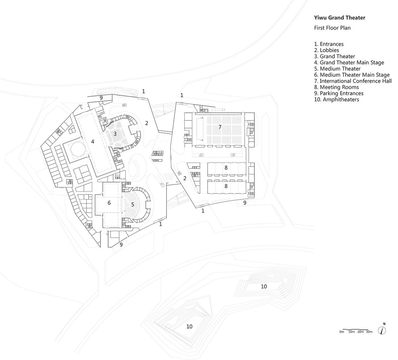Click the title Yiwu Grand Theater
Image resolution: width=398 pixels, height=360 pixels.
340,18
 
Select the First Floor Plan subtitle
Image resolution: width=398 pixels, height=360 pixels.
332,28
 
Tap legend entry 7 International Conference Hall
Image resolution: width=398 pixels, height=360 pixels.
353,81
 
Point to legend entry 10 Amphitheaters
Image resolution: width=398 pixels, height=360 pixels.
337,100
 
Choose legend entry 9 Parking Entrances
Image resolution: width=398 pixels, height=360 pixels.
339,93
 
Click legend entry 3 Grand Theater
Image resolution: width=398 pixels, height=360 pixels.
335,56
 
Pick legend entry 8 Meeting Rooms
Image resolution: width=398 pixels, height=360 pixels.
337,87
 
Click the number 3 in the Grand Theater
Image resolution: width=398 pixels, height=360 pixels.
115,134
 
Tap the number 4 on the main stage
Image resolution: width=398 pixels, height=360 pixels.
93,142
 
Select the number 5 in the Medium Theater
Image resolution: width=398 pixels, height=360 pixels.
133,204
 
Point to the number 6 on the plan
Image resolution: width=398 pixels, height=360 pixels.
109,203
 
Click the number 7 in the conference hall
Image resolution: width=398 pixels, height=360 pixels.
220,127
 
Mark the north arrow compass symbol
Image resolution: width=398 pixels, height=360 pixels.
382,330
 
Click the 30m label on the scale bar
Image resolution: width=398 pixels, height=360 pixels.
369,332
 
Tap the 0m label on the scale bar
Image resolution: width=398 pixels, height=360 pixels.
342,332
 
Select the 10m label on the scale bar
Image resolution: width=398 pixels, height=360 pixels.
351,332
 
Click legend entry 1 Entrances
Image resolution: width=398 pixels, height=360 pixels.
329,44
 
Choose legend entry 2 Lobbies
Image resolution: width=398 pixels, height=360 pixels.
327,50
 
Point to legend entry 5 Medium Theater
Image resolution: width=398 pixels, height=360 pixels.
337,69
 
